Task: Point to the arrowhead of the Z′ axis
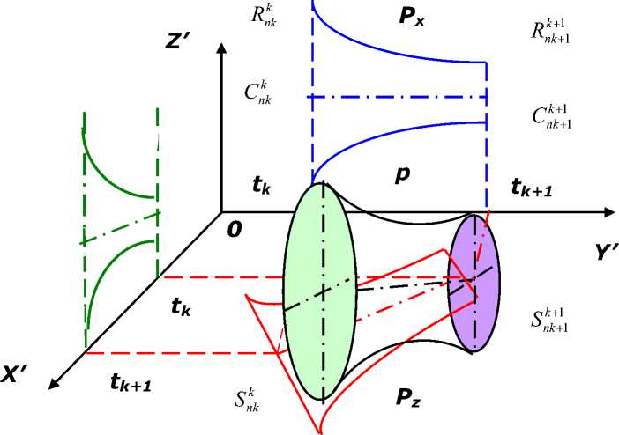tap(217, 48)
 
